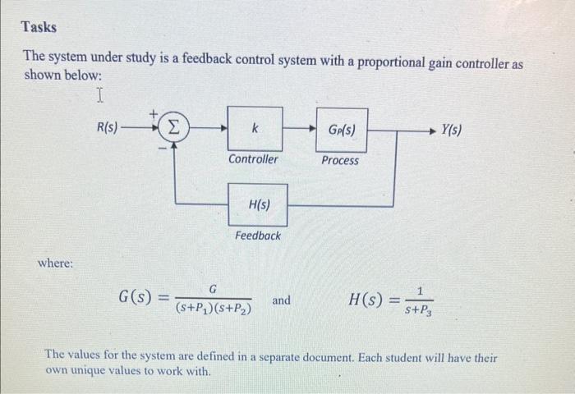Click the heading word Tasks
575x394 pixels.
click(39, 27)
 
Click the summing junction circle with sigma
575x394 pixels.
click(173, 129)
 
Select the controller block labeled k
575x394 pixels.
click(255, 129)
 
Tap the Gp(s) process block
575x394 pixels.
click(341, 129)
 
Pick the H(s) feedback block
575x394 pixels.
click(257, 204)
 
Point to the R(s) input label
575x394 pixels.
click(107, 128)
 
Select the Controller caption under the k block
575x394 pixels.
click(253, 159)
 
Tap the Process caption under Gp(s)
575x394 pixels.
click(340, 160)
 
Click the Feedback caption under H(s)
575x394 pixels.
click(257, 236)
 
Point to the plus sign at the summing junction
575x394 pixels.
click(152, 114)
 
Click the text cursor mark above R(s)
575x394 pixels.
click(99, 97)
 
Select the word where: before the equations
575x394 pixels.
click(56, 263)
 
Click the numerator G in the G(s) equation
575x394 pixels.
click(212, 288)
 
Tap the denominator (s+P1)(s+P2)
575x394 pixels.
click(213, 309)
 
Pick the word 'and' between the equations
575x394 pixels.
click(281, 300)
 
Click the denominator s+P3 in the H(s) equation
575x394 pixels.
click(421, 309)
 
